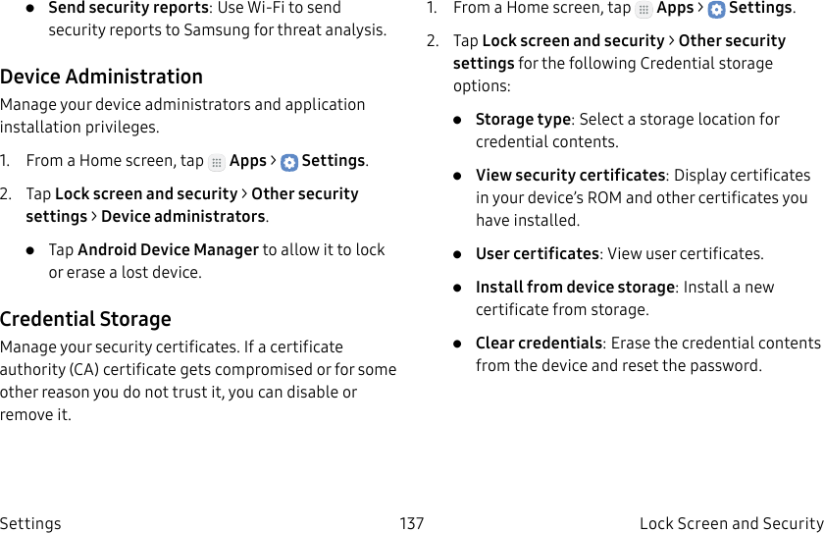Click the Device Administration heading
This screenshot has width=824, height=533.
(x=101, y=77)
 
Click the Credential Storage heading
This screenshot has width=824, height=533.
(x=85, y=319)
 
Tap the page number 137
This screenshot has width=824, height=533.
(x=412, y=523)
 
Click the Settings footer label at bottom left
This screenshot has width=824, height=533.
(x=30, y=523)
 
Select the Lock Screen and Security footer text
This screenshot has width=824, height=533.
(x=731, y=523)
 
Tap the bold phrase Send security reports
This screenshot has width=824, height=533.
(x=128, y=8)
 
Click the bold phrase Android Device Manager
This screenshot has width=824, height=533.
(x=168, y=249)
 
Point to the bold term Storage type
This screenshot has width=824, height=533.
(x=523, y=119)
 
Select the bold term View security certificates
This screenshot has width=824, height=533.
(x=570, y=175)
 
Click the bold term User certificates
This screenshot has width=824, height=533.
(x=537, y=253)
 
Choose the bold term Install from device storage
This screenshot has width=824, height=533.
(x=575, y=287)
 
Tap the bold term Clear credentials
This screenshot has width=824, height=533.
(x=539, y=343)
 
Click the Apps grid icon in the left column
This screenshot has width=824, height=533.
(x=217, y=162)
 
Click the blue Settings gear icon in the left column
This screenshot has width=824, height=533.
(x=289, y=162)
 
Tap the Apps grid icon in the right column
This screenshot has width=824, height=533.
(x=644, y=10)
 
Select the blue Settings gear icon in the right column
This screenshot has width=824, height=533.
(x=717, y=10)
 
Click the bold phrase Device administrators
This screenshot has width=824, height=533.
(x=183, y=216)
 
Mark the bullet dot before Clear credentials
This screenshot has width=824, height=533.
(x=458, y=344)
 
